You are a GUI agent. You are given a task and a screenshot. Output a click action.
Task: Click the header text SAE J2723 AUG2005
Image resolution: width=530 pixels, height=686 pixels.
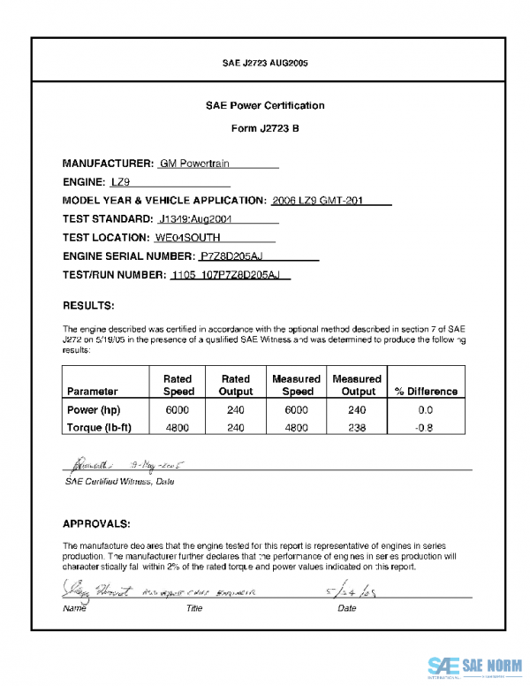[x=265, y=64]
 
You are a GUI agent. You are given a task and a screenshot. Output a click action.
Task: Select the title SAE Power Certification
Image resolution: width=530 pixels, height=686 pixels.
[x=265, y=106]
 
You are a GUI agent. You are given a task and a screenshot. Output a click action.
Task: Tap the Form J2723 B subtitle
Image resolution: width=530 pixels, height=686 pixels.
[x=265, y=128]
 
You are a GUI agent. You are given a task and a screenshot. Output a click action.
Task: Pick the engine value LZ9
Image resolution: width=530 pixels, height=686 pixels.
[x=121, y=182]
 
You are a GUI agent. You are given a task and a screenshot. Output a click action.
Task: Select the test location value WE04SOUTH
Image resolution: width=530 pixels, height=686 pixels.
[x=187, y=237]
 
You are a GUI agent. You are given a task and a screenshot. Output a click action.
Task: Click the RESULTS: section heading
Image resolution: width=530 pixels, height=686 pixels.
[x=88, y=306]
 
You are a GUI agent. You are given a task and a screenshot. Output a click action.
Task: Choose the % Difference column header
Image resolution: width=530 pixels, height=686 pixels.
[x=426, y=391]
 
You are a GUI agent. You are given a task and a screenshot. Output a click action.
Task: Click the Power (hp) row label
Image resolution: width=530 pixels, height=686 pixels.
[x=94, y=410]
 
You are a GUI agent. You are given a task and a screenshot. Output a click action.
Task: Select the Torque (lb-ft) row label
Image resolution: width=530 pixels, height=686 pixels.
[x=100, y=427]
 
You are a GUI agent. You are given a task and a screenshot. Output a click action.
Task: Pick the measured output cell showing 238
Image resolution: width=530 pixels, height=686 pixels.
[x=358, y=427]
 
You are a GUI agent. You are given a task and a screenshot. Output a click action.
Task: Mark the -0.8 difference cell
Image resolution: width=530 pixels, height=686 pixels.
[x=426, y=427]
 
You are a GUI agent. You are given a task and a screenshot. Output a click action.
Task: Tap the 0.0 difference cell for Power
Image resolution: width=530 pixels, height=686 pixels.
[x=426, y=410]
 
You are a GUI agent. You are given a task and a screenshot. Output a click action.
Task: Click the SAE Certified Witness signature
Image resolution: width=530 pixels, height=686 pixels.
[x=89, y=463]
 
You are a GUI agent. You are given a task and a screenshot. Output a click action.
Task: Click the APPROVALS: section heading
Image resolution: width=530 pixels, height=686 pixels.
[x=97, y=523]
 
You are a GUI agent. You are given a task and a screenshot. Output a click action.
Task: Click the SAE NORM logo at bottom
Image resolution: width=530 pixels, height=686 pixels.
[x=474, y=666]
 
